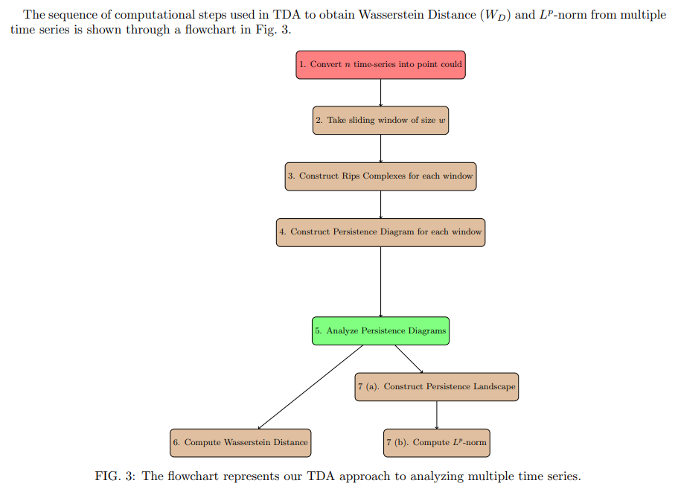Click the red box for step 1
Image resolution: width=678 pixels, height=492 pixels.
pyautogui.click(x=380, y=65)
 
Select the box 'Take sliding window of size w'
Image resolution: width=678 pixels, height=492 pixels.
pyautogui.click(x=380, y=121)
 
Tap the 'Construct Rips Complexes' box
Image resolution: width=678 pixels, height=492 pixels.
pyautogui.click(x=380, y=176)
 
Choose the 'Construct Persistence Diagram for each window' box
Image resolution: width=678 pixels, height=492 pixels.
pyautogui.click(x=380, y=232)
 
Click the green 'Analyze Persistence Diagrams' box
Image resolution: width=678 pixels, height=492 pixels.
pyautogui.click(x=380, y=330)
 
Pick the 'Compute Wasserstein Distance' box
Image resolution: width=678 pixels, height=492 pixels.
pyautogui.click(x=240, y=442)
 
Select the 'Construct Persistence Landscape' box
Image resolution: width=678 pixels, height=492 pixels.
pyautogui.click(x=436, y=387)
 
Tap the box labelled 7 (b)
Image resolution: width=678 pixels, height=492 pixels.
pyautogui.click(x=436, y=442)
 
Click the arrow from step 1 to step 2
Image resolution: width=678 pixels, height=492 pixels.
pyautogui.click(x=380, y=92)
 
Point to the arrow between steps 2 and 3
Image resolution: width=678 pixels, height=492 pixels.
pyautogui.click(x=380, y=148)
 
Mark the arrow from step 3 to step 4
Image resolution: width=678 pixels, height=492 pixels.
pyautogui.click(x=380, y=204)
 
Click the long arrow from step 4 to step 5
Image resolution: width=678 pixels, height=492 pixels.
pyautogui.click(x=380, y=281)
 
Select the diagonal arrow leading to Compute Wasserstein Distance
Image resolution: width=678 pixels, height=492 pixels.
pyautogui.click(x=310, y=387)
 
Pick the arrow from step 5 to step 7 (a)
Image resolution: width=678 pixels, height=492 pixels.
pyautogui.click(x=409, y=359)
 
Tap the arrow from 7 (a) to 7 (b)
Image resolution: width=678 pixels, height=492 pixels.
pyautogui.click(x=436, y=415)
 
